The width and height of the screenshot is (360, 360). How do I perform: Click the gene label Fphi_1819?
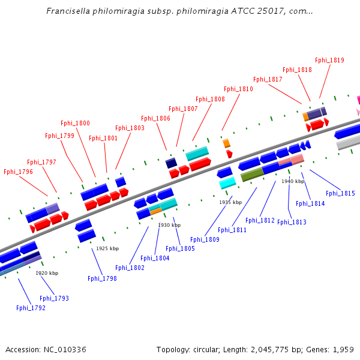[x=329, y=60]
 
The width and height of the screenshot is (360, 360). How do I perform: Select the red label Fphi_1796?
[x=18, y=172]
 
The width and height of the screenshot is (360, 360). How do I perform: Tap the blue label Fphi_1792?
[x=31, y=308]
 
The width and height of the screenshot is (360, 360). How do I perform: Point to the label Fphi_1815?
[x=340, y=193]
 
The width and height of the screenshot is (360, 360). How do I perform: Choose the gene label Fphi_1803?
[x=130, y=128]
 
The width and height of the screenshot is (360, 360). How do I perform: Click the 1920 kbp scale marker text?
[x=47, y=273]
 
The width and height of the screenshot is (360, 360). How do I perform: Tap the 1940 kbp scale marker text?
[x=293, y=181]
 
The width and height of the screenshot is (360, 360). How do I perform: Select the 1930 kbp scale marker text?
[x=169, y=225]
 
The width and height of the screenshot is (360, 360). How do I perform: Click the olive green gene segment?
[x=252, y=175]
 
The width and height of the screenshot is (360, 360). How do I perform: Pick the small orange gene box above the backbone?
[x=226, y=143]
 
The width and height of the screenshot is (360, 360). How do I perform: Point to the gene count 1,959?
[x=342, y=349]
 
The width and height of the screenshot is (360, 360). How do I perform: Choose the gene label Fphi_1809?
[x=205, y=239]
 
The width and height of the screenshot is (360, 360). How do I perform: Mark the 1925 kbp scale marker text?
[x=107, y=248]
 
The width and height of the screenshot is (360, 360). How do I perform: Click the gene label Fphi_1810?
[x=238, y=89]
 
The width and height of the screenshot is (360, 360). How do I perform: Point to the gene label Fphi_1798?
[x=102, y=278]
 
